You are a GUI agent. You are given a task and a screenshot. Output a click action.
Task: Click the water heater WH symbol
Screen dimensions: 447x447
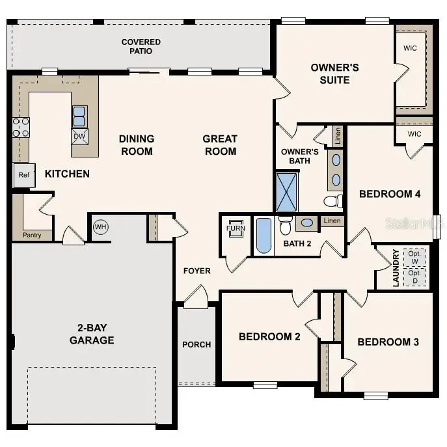pos(100,227)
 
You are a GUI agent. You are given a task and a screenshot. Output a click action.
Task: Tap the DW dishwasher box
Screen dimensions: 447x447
pos(80,136)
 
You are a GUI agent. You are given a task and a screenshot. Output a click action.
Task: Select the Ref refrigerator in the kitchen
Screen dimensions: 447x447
pos(23,175)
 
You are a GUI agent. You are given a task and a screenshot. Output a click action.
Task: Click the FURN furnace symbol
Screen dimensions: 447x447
pos(235,229)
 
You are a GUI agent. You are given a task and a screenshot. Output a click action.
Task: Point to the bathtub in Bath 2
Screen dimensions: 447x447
pos(264,236)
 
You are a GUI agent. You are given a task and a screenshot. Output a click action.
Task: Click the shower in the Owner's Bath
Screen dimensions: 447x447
pos(287,191)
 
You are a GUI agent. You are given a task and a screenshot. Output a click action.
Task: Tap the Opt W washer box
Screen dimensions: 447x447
pos(414,258)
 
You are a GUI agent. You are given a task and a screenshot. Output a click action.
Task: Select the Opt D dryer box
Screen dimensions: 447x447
pos(414,277)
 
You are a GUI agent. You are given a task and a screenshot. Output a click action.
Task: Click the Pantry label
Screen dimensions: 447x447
pos(32,235)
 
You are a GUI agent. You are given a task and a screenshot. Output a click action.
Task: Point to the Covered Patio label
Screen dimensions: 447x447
pos(141,46)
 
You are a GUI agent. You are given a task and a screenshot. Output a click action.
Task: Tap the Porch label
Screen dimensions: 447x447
pos(196,344)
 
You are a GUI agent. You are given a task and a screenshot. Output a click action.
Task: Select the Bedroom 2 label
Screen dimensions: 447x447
pos(269,336)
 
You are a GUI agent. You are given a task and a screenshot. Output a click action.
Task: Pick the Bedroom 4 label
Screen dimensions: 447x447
pos(390,194)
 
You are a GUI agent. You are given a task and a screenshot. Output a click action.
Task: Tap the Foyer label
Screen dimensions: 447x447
pos(196,271)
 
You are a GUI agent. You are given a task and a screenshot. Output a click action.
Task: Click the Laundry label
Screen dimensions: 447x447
pos(396,267)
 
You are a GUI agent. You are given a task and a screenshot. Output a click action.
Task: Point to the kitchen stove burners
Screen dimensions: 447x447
pos(21,128)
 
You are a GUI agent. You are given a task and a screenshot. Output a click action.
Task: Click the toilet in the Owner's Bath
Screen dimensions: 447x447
pos(333,200)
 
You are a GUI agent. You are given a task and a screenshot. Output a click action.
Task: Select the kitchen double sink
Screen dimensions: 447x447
pos(79,116)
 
